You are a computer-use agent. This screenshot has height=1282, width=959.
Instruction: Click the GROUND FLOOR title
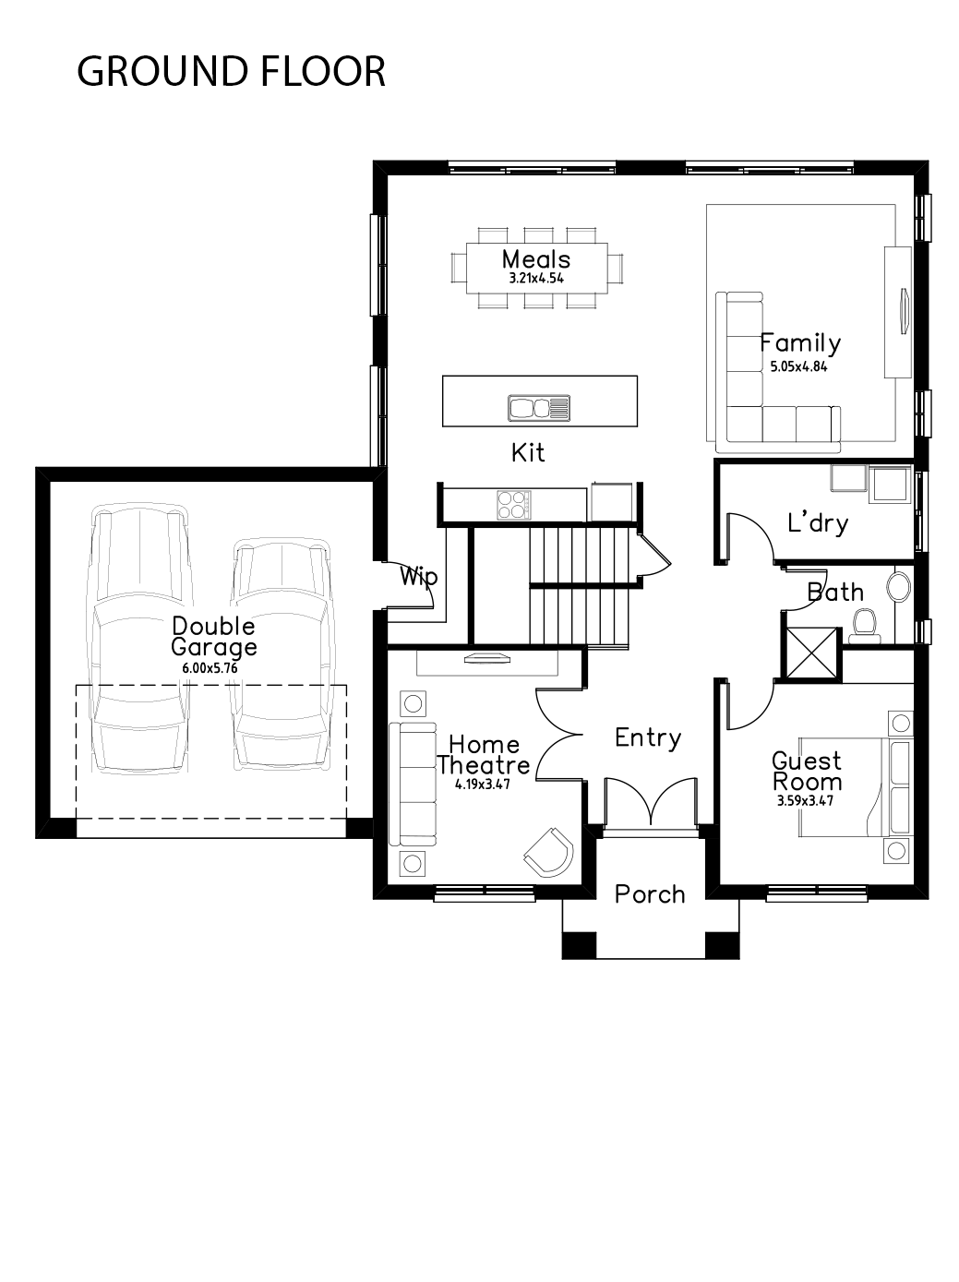232,71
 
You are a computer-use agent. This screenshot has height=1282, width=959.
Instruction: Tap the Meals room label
536,259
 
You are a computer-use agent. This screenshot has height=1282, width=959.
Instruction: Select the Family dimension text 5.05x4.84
799,366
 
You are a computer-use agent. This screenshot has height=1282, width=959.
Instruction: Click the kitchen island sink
538,407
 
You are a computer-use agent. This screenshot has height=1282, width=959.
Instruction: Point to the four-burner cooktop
514,505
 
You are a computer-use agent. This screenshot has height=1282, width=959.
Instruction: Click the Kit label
528,452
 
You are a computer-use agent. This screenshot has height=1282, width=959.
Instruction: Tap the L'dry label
818,522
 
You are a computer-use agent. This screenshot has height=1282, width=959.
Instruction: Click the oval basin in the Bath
898,586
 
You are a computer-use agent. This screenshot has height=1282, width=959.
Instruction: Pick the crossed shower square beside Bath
810,653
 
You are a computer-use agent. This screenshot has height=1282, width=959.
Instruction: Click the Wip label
418,577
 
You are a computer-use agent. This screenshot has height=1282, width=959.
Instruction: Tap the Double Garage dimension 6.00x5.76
210,668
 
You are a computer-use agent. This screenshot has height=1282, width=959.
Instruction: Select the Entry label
648,738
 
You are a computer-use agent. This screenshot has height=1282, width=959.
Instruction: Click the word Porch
650,894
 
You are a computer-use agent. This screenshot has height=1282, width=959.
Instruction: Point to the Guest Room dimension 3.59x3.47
805,801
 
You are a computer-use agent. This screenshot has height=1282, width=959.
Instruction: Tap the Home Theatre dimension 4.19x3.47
483,785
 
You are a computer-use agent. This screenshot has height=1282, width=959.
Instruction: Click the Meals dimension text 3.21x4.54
536,279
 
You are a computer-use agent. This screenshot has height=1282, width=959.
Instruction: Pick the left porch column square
580,944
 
